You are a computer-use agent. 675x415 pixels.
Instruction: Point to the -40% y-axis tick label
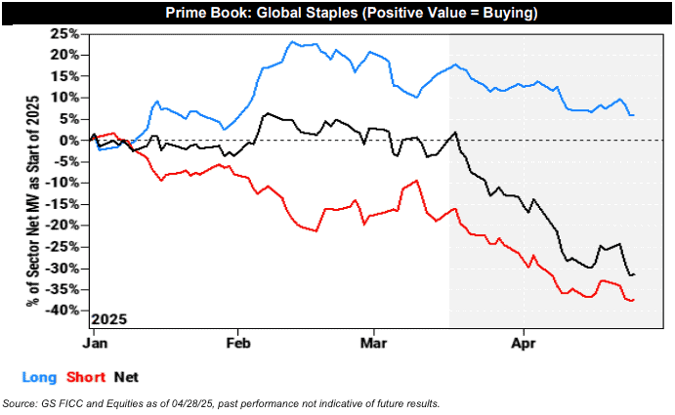tap(64, 311)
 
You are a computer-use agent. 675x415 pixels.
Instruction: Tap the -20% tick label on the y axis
tap(64, 226)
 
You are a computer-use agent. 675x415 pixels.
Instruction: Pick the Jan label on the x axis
tap(95, 344)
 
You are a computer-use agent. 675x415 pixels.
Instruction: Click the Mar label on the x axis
tap(373, 344)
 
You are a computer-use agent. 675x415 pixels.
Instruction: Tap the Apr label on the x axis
tap(525, 344)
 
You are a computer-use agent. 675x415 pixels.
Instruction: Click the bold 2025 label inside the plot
tap(108, 319)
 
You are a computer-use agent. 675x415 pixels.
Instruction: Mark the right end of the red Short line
tap(633, 300)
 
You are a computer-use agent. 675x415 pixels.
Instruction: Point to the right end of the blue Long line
tap(633, 115)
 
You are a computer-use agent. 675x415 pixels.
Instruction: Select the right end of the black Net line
tap(633, 274)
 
